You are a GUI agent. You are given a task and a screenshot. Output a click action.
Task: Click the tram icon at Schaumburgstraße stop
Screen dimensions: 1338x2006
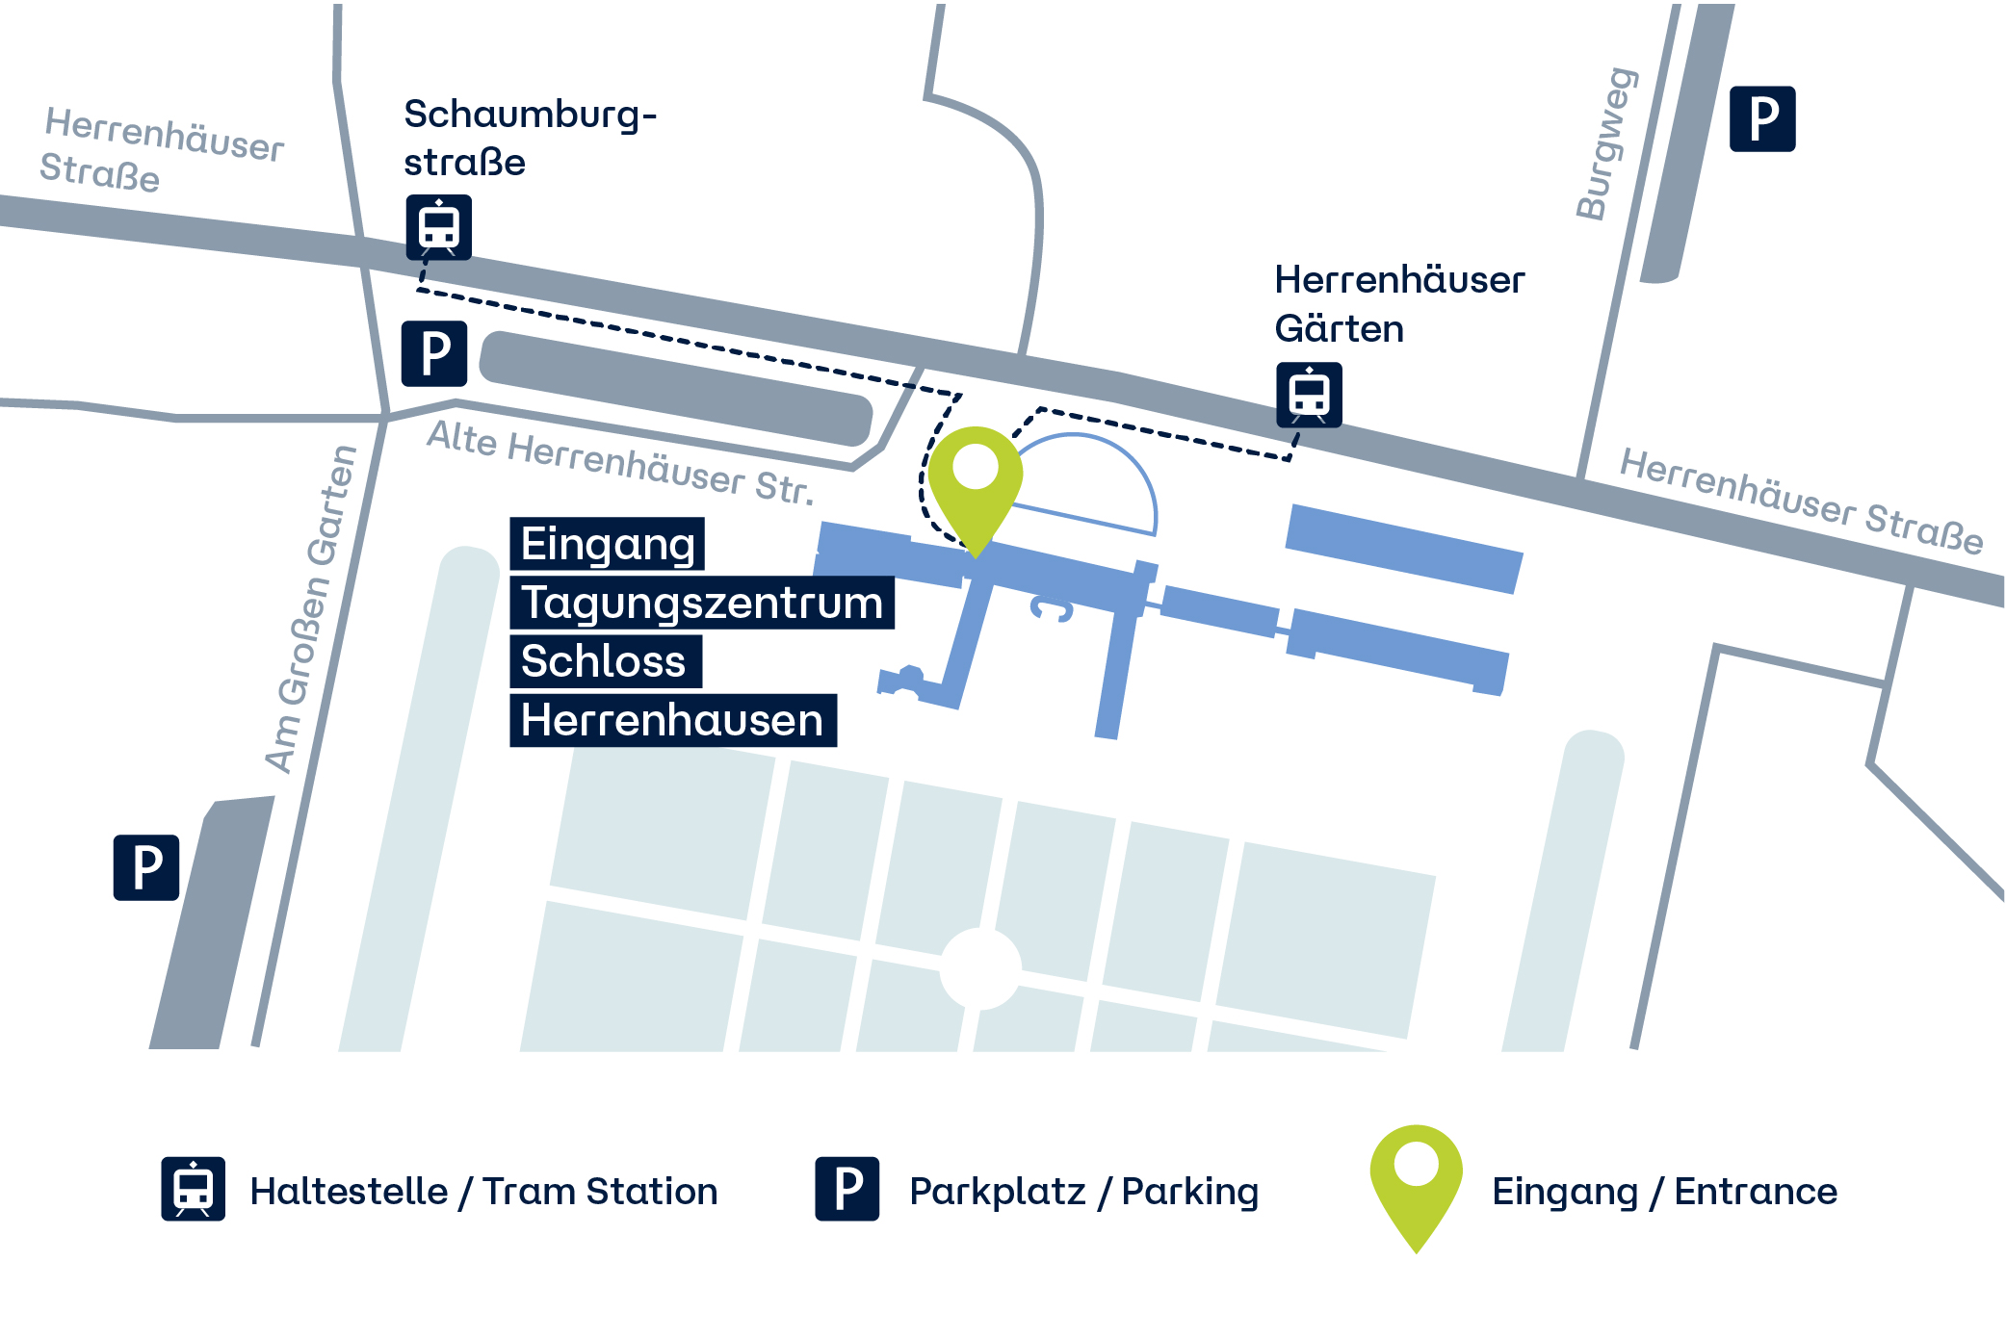(438, 227)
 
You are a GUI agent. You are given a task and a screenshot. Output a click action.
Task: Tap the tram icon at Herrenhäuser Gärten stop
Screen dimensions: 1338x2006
(1309, 395)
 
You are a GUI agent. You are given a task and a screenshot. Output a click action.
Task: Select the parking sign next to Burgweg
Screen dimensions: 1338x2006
(1761, 119)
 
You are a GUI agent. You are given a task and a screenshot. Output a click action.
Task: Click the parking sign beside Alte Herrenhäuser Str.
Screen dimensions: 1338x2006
(434, 353)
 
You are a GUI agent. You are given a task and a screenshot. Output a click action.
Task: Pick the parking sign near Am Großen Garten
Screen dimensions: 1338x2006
(146, 867)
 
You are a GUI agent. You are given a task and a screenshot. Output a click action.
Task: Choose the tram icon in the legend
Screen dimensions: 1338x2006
(193, 1189)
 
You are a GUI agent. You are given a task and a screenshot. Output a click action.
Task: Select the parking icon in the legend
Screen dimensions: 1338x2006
(847, 1189)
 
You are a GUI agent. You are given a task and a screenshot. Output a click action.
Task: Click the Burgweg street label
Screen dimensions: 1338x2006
(1605, 144)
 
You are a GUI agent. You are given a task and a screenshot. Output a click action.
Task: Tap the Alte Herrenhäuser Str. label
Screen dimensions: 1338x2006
(620, 463)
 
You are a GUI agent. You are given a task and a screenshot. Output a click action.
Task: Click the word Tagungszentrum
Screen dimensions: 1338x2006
(702, 603)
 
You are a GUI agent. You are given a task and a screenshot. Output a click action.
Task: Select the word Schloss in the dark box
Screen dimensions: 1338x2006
(604, 661)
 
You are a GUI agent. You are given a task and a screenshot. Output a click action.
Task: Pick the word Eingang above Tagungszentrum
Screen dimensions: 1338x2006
(608, 544)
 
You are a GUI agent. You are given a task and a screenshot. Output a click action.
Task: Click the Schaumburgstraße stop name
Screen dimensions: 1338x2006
(529, 138)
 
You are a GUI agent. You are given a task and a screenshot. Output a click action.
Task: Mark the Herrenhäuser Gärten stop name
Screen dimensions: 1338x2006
(1398, 304)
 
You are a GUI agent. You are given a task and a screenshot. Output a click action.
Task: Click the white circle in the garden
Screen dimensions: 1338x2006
(980, 968)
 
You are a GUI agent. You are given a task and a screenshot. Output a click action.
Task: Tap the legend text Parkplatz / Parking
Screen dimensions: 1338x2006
(1083, 1192)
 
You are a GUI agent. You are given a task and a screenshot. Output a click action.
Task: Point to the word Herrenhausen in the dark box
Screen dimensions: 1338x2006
(672, 720)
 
